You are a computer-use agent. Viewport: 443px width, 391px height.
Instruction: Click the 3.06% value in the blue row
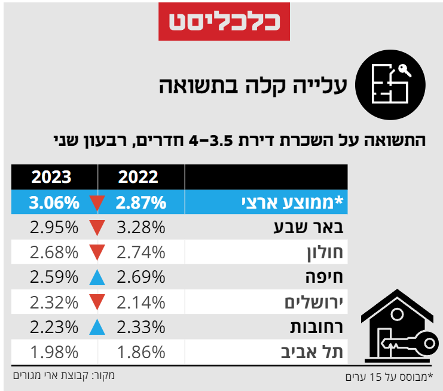[54, 203]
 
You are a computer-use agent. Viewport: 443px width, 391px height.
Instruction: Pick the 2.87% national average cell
[141, 203]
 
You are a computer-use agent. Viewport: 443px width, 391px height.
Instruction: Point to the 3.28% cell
[141, 228]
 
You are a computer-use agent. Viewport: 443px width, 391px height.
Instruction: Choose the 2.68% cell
[54, 252]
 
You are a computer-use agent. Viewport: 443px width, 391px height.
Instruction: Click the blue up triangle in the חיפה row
[97, 277]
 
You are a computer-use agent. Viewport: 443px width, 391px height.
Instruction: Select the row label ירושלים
[314, 303]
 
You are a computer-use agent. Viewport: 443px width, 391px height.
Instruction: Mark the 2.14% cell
[141, 303]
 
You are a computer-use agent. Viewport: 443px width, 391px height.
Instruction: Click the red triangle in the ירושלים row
[97, 303]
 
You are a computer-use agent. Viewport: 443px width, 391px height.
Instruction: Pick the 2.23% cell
[54, 327]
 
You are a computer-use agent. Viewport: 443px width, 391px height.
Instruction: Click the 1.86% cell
[141, 352]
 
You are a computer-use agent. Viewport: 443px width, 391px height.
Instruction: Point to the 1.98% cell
[54, 352]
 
